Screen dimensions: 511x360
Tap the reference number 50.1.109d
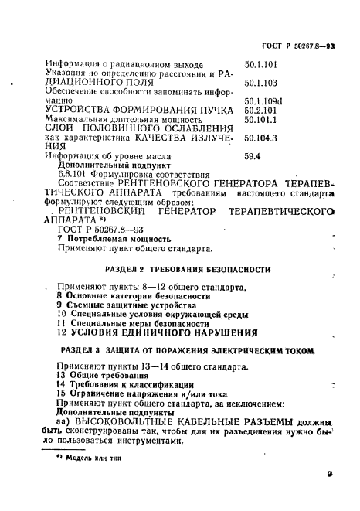click(x=262, y=100)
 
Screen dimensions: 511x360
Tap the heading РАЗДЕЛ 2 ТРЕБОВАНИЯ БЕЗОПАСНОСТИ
click(x=186, y=269)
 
